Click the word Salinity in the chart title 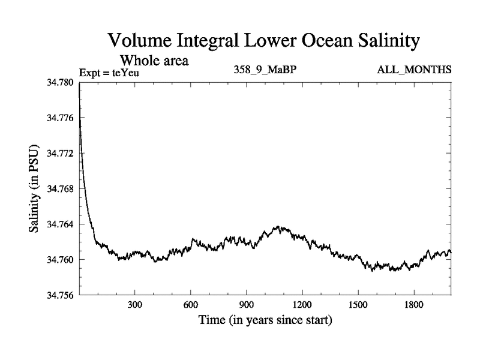point(379,41)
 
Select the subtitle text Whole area point(155,61)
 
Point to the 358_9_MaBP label point(265,70)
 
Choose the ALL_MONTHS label point(414,70)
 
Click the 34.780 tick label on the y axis point(60,82)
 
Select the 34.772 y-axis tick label point(60,153)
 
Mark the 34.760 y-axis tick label point(60,259)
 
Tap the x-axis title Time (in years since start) point(265,320)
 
